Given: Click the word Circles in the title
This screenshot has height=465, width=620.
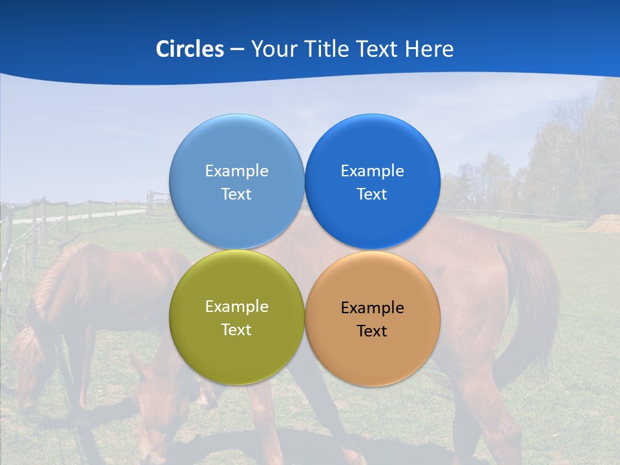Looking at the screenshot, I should point(189,49).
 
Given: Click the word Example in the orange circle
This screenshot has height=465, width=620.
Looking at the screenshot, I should point(372,308).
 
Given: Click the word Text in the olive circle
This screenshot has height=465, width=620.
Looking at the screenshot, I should point(236,330).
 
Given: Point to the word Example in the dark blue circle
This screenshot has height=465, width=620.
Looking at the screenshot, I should point(372,171).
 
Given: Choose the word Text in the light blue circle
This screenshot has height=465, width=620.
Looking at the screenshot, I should point(236,194).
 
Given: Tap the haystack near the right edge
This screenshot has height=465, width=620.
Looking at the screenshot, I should point(604,224).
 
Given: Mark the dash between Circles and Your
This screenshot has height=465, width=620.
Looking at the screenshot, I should point(237,50).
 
